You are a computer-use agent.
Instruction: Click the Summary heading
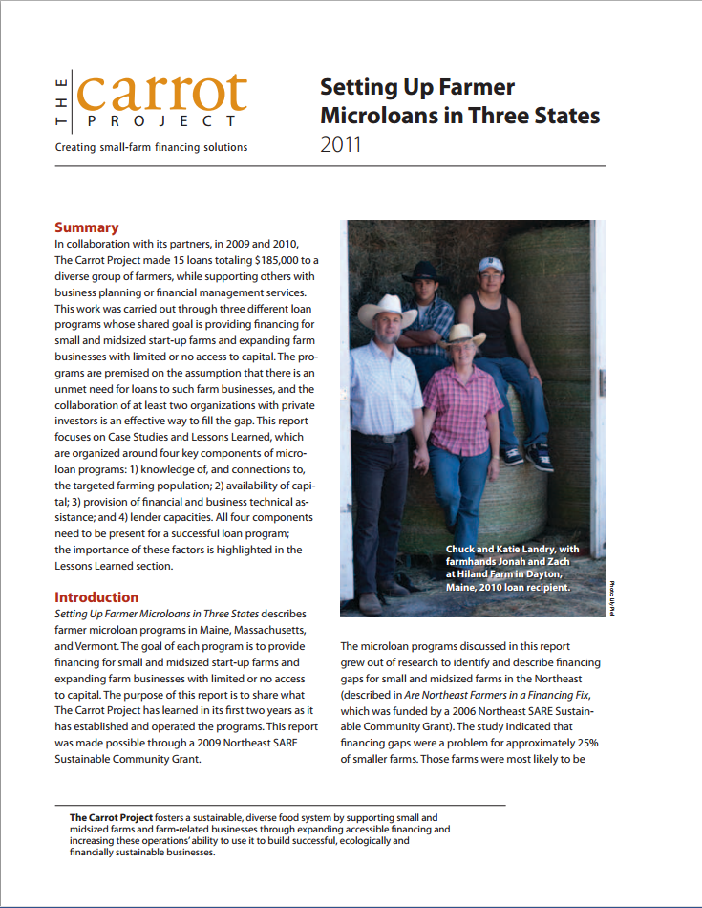(x=87, y=227)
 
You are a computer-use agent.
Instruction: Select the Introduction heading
(x=96, y=597)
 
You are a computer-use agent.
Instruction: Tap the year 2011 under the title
(x=341, y=146)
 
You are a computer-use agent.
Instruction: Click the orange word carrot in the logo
(x=162, y=91)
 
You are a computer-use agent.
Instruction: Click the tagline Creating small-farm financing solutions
(x=151, y=147)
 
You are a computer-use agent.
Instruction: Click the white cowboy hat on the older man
(x=388, y=309)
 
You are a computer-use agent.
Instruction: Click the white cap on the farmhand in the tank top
(x=490, y=264)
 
